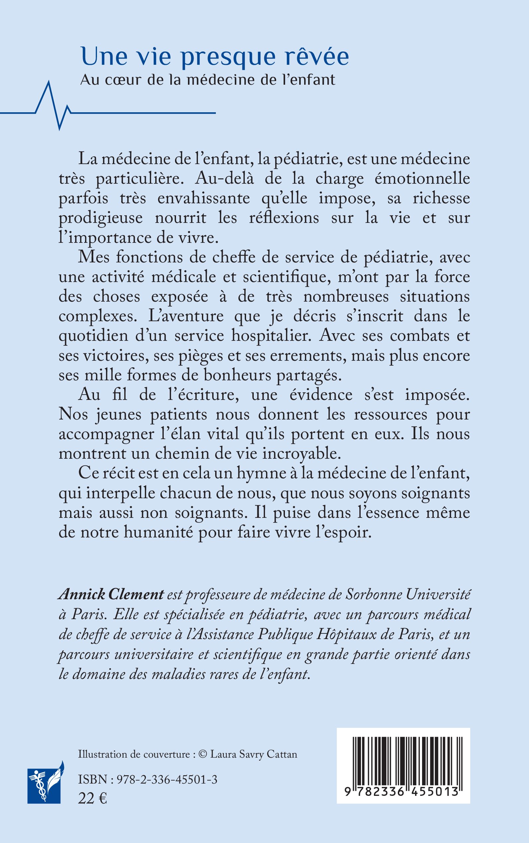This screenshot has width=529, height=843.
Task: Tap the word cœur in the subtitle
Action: click(x=120, y=80)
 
